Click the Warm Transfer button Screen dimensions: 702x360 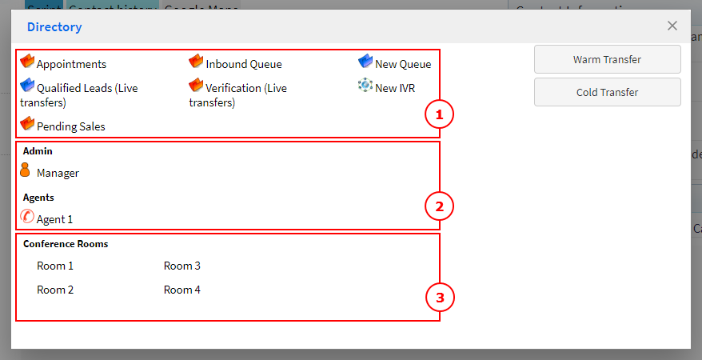tap(607, 59)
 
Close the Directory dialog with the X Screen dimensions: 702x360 tap(672, 26)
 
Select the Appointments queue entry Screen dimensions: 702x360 tap(71, 64)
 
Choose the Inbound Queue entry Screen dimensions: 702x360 tap(243, 64)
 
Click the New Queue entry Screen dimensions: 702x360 tap(402, 64)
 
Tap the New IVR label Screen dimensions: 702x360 tap(395, 88)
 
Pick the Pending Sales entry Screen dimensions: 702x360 tap(70, 126)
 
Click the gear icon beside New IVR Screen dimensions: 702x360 tap(365, 86)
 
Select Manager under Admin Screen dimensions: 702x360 tap(58, 173)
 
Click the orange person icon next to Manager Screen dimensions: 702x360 tap(25, 170)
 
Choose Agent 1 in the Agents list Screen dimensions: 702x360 tap(54, 219)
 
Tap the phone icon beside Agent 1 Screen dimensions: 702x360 tap(26, 216)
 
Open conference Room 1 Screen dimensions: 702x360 tap(55, 266)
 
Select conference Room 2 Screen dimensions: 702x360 tap(55, 290)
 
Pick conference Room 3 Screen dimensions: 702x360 tap(182, 266)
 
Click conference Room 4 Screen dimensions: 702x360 tap(182, 290)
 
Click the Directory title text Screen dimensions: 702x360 tap(54, 27)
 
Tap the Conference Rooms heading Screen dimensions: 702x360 tap(66, 244)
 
